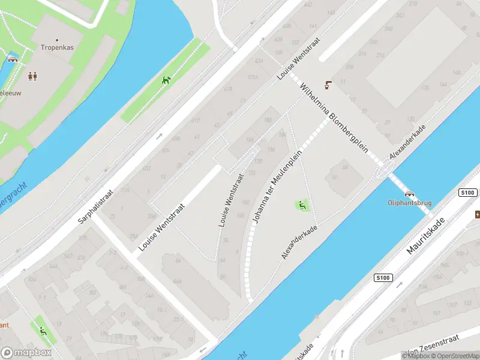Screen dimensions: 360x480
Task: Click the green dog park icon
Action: click(x=166, y=80)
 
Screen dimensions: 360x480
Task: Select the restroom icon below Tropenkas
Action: click(x=32, y=76)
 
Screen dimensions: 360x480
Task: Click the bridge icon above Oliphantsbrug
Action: click(x=410, y=193)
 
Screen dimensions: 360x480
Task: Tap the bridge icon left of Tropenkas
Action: click(x=13, y=59)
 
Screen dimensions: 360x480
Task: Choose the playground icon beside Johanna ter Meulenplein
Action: click(x=302, y=206)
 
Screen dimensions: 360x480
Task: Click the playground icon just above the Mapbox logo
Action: click(x=42, y=331)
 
